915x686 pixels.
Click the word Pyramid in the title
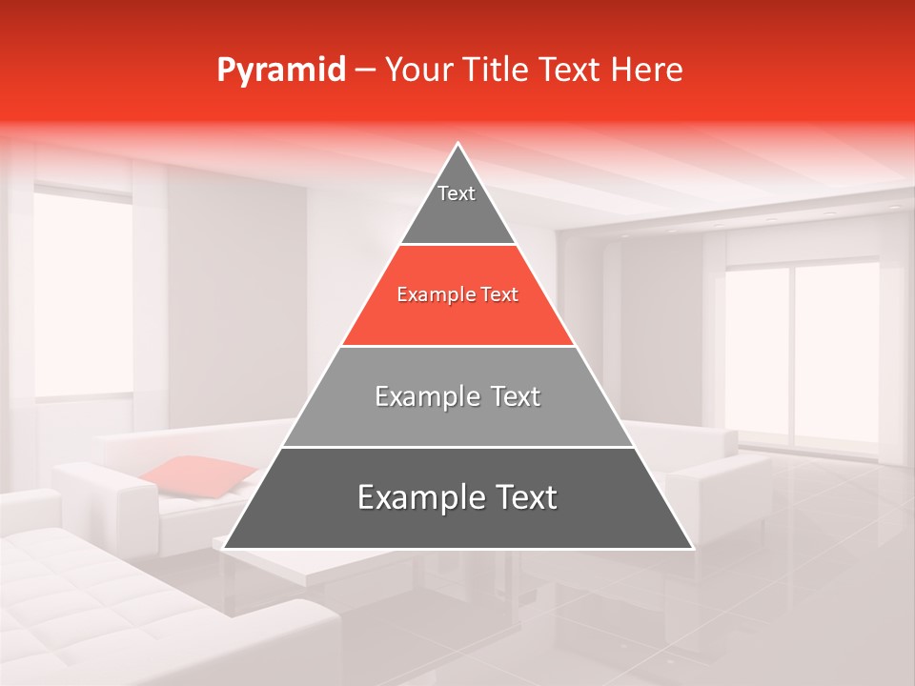point(281,71)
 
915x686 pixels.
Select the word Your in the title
point(417,71)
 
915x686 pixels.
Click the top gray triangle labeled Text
point(457,205)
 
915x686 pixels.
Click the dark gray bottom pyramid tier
point(457,510)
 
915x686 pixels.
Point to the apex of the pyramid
point(458,146)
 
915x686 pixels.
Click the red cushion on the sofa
point(200,475)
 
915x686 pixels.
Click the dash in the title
point(365,71)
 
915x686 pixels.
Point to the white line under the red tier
point(457,346)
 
